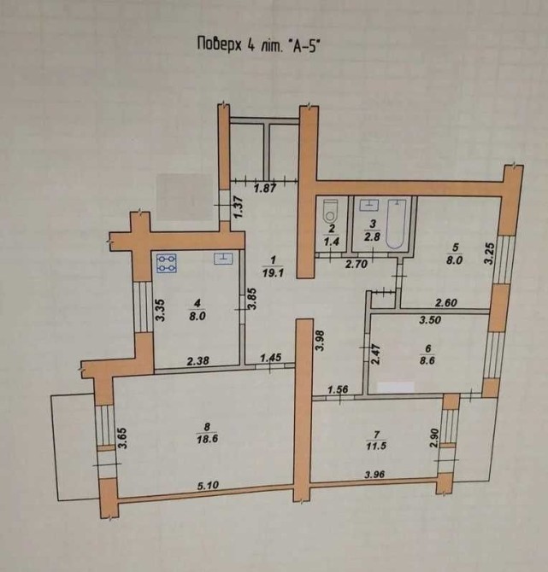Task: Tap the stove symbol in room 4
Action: coord(166,263)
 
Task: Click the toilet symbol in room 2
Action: coord(331,211)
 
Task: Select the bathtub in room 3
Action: coord(396,225)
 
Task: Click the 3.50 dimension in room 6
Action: coord(430,321)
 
